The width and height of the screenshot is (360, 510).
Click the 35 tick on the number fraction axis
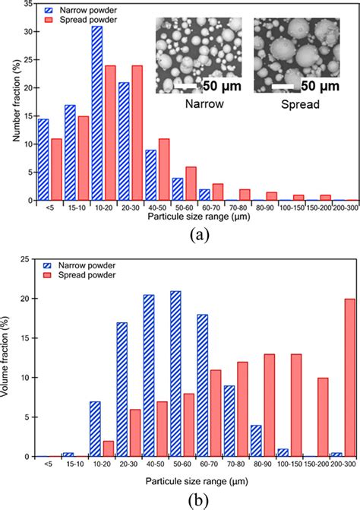29,4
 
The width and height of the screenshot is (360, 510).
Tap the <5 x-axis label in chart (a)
49,207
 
